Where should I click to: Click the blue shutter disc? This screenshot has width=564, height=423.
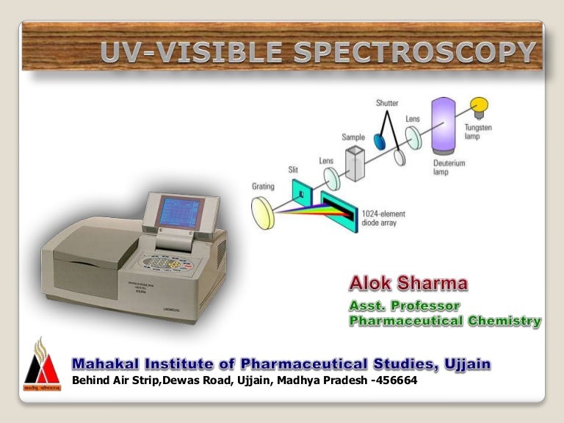[x=380, y=140]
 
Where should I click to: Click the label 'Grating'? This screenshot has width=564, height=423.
[x=263, y=187]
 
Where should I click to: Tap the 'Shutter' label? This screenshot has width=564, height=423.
[x=387, y=103]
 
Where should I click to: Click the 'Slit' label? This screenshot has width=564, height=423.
[x=294, y=170]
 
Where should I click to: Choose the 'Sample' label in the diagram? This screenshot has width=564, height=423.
[x=352, y=137]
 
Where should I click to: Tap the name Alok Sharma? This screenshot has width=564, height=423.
[x=408, y=283]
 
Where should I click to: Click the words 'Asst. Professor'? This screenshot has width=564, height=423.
[x=404, y=305]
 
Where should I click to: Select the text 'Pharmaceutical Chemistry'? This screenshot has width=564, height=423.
[x=444, y=321]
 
